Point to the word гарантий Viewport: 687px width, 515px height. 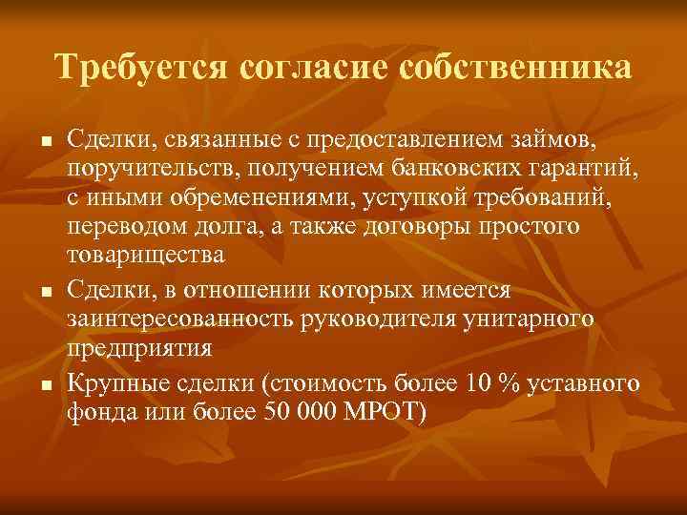point(578,169)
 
